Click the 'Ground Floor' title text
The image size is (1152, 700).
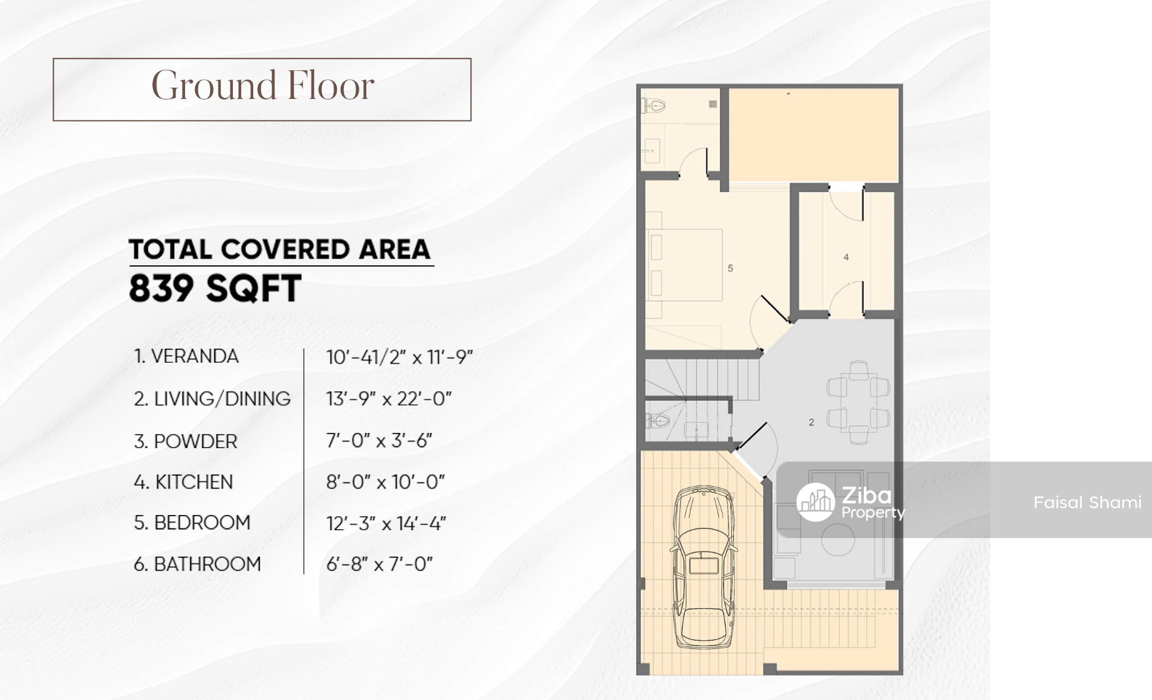point(263,86)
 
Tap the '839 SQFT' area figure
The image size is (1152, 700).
point(215,288)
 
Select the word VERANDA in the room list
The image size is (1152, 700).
point(195,356)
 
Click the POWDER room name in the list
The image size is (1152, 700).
point(195,441)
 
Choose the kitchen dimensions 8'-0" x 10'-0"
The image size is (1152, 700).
point(385,482)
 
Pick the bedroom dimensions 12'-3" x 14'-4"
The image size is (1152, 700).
point(386,523)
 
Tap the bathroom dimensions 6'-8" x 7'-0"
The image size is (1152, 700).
point(380,564)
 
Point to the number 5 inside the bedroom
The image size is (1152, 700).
point(730,268)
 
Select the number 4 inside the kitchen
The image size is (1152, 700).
point(846,258)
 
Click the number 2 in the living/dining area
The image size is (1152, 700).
point(811,422)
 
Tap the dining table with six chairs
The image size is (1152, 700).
point(858,403)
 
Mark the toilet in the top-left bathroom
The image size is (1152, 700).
point(655,105)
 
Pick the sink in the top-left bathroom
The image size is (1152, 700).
point(652,151)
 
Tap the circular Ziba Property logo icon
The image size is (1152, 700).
point(816,502)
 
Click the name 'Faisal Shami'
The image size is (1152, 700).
point(1087,502)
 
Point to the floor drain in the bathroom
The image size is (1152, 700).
point(713,104)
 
